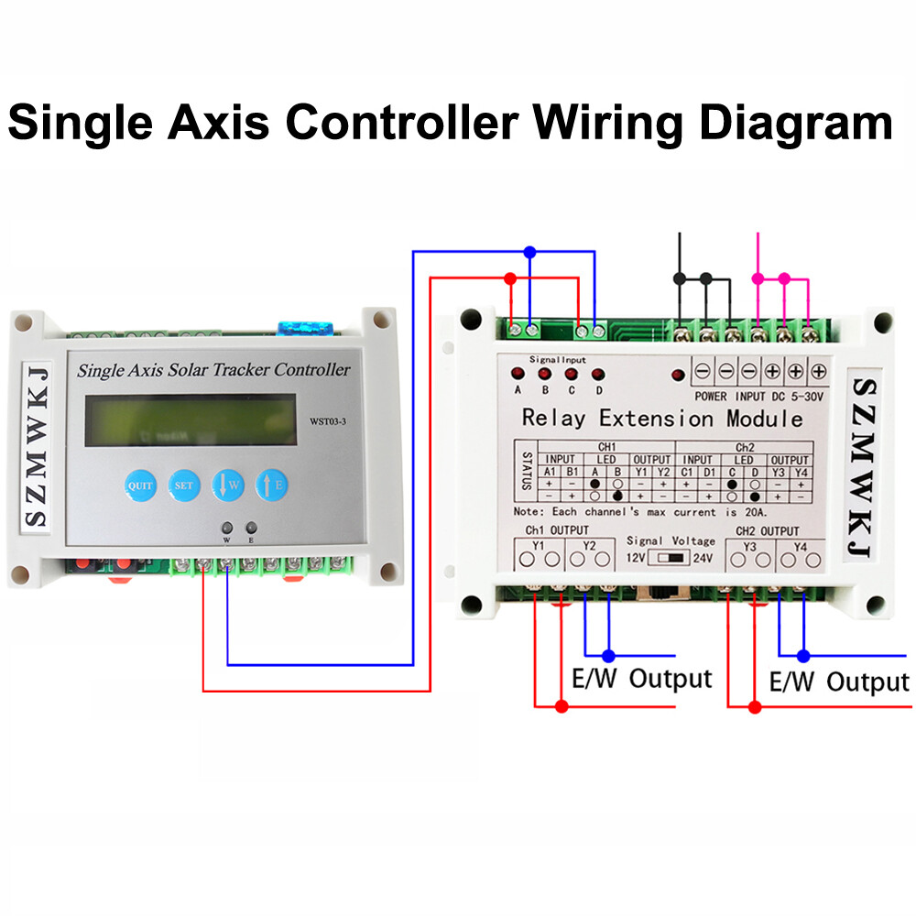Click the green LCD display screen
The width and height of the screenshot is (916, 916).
(x=191, y=420)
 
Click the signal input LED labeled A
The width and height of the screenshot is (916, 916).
(x=518, y=374)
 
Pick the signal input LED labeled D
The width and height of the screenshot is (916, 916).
(x=598, y=374)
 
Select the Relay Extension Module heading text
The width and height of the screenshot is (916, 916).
(x=661, y=419)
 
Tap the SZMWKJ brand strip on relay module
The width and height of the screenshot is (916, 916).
(x=862, y=467)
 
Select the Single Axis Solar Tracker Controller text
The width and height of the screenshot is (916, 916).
(x=213, y=370)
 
